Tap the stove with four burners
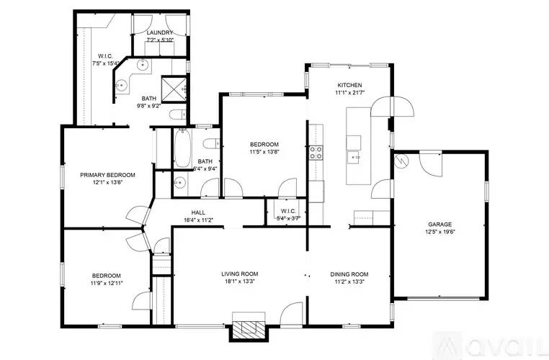(316, 152)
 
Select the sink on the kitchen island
(354, 156)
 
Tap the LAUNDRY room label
(159, 33)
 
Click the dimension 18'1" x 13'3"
(239, 282)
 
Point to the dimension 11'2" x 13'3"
(349, 282)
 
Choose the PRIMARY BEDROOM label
(107, 174)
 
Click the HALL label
(198, 212)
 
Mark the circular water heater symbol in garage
(401, 161)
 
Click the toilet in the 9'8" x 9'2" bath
(176, 116)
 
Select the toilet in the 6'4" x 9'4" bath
(209, 141)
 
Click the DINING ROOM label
(349, 274)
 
